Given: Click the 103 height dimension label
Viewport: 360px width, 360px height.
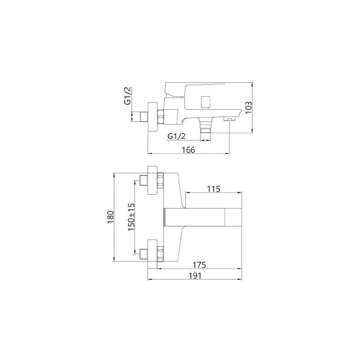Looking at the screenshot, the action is [248, 107].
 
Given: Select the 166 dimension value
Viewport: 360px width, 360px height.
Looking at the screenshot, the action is [188, 150].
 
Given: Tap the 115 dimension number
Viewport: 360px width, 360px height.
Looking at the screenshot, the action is [213, 189].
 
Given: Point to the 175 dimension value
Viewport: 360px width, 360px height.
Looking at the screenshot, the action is [199, 265].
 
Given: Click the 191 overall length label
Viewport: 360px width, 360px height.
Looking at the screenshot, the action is [195, 275].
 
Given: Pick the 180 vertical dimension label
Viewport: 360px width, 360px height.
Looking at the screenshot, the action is [110, 217].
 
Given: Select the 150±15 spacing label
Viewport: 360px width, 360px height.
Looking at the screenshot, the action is [131, 217].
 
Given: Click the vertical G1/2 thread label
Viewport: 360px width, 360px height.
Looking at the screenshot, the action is [127, 96].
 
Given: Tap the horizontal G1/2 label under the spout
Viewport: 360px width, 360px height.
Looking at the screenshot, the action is [176, 136].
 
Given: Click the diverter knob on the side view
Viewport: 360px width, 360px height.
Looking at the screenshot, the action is [205, 102].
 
